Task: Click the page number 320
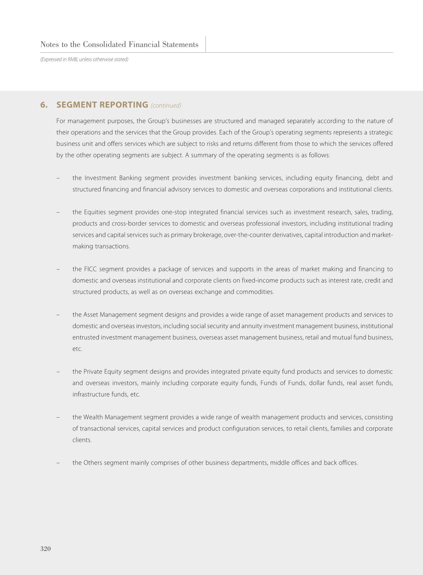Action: point(45,549)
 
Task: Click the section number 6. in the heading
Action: point(44,105)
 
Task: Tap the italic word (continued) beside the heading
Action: point(166,105)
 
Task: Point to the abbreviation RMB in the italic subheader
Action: point(73,59)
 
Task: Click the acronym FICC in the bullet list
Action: point(90,269)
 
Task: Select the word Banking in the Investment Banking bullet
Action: point(130,178)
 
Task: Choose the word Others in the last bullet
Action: point(93,463)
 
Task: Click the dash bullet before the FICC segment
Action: point(58,269)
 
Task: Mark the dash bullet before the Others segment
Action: point(58,463)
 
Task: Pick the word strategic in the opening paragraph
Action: point(379,132)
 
